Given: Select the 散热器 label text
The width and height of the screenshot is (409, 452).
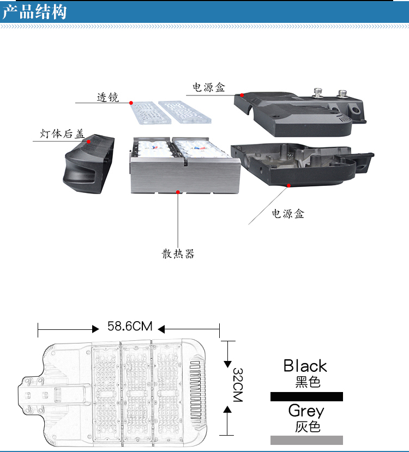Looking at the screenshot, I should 178,254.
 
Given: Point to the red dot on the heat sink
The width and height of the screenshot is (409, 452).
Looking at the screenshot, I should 178,191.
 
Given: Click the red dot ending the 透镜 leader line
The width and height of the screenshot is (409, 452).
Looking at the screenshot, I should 131,102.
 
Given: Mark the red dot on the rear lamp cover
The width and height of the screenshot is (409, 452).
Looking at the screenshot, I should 88,141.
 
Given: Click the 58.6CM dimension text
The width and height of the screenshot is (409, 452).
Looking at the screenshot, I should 129,327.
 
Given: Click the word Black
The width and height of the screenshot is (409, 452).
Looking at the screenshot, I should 305,366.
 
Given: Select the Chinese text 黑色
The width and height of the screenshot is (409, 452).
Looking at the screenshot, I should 308,382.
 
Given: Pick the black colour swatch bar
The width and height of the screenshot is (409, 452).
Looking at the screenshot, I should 306,396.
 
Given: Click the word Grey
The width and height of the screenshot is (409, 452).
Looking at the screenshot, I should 306,411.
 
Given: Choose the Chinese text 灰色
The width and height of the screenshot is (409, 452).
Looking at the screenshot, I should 308,427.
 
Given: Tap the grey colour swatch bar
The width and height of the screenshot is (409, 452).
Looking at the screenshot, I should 306,440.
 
